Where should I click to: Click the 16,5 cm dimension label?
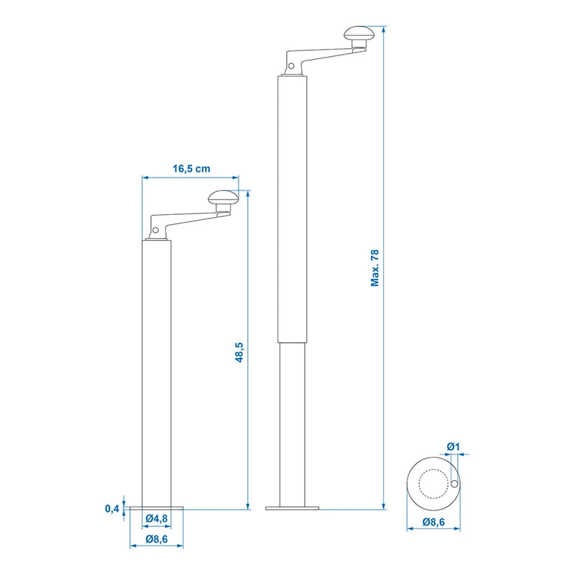[191, 169]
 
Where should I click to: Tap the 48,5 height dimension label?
[239, 352]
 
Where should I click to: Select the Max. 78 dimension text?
[374, 267]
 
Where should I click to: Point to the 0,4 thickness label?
[112, 509]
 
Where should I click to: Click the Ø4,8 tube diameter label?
[157, 518]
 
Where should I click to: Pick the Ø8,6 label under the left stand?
[157, 539]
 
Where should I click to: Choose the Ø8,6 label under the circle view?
[433, 522]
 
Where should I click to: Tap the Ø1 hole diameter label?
[454, 446]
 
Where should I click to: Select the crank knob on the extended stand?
[359, 34]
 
